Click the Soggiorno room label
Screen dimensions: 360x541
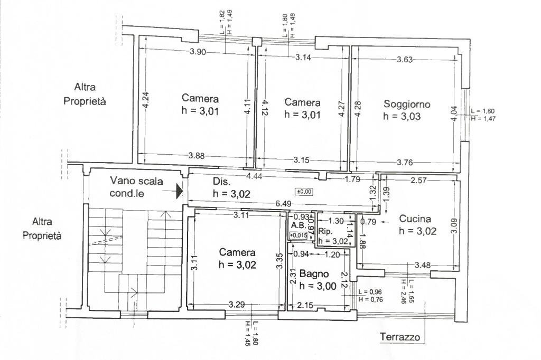click(x=406, y=105)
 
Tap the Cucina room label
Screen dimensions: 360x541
click(x=415, y=219)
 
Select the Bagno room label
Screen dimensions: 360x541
click(x=314, y=274)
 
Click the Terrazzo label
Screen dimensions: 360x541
click(x=400, y=337)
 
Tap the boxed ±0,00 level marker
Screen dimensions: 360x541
click(x=303, y=191)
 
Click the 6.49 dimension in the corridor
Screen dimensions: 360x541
click(x=282, y=203)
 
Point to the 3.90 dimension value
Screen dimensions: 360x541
click(x=198, y=52)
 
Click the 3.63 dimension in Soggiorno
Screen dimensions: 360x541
click(x=405, y=59)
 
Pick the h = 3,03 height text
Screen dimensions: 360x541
click(x=402, y=117)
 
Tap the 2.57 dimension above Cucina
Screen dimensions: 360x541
click(x=418, y=181)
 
